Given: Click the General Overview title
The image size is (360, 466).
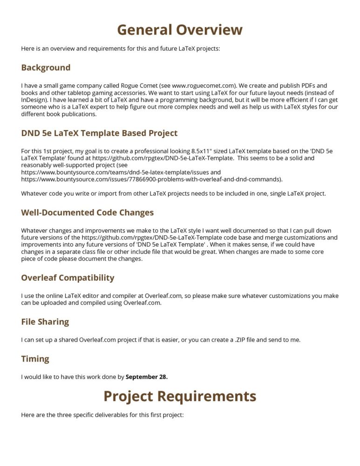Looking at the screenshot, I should pos(180,30).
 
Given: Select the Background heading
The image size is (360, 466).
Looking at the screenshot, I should pos(46,68).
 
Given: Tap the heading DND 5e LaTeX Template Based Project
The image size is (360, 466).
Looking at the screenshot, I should pos(99,133).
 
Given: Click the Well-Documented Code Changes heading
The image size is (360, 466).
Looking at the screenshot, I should pos(87,212).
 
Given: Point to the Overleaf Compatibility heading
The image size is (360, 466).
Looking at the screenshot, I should pos(68,278).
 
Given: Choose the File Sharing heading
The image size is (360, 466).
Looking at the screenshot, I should pos(45,322).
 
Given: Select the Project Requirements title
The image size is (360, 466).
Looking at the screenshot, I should pos(180,396).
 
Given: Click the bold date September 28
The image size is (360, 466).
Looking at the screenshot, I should pos(147,377).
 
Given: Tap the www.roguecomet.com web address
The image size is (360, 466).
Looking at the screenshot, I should pos(199,86).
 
